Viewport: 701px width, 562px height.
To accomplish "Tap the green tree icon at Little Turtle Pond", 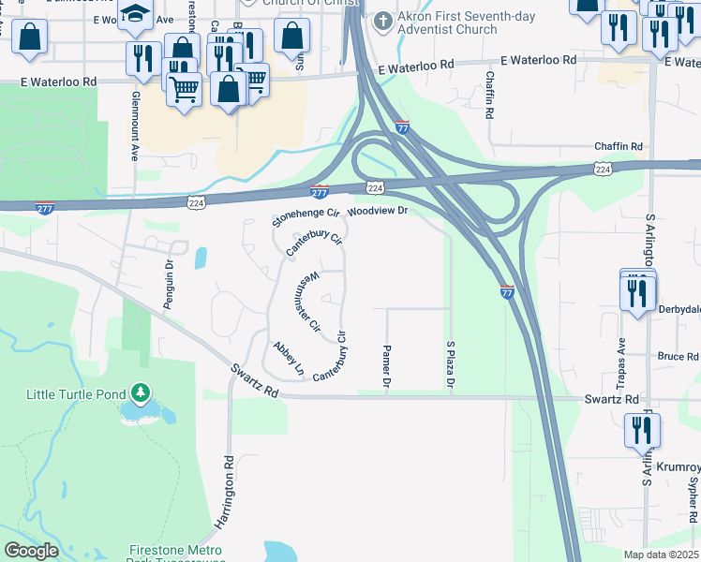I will [139, 391].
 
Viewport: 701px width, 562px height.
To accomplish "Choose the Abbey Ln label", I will [288, 359].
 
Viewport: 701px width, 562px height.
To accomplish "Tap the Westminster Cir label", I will [314, 302].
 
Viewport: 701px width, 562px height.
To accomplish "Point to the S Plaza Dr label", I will [451, 364].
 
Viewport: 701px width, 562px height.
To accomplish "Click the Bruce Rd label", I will [678, 357].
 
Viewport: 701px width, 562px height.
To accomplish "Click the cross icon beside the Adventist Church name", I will [382, 19].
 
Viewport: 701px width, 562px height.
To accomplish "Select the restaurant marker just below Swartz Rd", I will [642, 430].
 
